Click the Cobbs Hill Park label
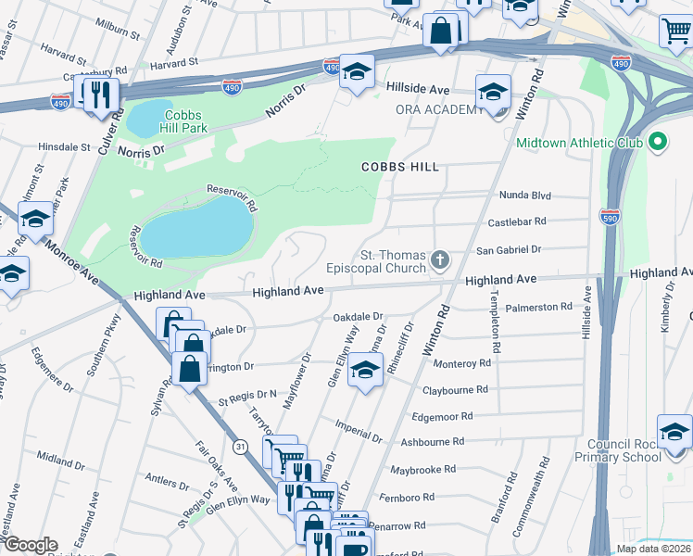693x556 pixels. (x=192, y=127)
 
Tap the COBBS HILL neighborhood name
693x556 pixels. (x=399, y=166)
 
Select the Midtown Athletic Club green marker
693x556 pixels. (x=658, y=143)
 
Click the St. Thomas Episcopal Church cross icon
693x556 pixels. (x=440, y=260)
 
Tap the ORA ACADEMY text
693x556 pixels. (x=436, y=109)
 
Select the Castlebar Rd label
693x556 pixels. (x=516, y=222)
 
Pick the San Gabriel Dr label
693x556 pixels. (x=507, y=250)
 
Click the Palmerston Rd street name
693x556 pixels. (x=539, y=307)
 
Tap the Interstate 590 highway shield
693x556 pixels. (x=609, y=215)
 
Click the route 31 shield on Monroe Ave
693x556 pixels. (x=241, y=448)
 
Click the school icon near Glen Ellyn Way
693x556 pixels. (x=365, y=372)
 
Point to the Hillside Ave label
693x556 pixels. (x=418, y=90)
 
